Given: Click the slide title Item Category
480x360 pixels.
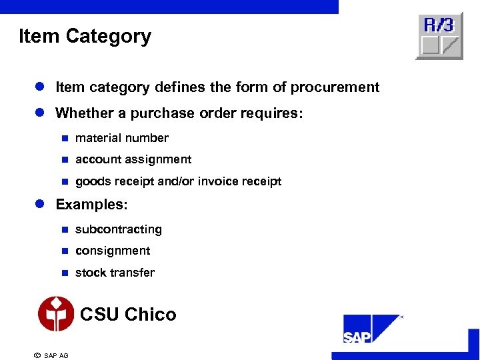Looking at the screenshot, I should click(x=85, y=36).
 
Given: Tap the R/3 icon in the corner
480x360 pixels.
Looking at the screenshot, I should click(x=439, y=36).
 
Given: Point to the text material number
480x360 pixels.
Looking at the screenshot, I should click(x=122, y=138).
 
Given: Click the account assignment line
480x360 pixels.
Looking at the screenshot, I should click(x=133, y=159).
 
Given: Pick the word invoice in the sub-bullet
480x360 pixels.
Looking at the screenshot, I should click(x=221, y=181).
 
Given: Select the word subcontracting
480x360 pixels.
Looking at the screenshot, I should click(x=119, y=229).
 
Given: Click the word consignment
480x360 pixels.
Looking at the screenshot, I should click(x=113, y=251).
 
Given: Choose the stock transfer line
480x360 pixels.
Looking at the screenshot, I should click(x=115, y=273).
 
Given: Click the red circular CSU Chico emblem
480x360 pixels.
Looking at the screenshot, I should click(x=56, y=313).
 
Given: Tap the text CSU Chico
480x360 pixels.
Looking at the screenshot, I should click(x=128, y=314).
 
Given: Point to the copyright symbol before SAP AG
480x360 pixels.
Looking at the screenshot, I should click(x=37, y=355).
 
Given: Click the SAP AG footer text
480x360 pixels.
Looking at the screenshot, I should click(x=56, y=355).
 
